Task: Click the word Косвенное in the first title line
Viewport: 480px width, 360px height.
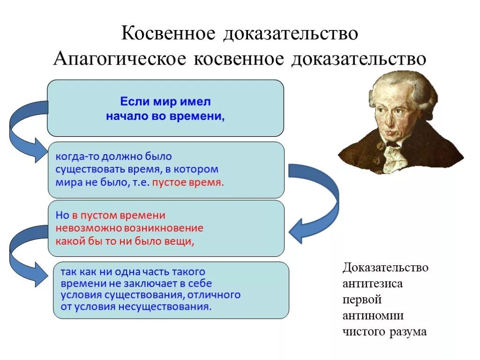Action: [x=169, y=34]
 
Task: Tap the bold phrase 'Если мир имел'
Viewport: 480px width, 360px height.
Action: [x=165, y=101]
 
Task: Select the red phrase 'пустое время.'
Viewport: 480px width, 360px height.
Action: [x=188, y=182]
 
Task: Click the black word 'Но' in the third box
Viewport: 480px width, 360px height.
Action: [x=62, y=215]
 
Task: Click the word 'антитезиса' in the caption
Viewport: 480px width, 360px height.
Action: [x=373, y=284]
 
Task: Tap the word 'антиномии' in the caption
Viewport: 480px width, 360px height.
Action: [x=373, y=315]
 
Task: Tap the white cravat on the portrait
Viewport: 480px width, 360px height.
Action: [x=394, y=155]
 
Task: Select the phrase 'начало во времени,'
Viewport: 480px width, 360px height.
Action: [x=165, y=116]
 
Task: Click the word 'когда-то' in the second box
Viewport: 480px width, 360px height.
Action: [x=73, y=156]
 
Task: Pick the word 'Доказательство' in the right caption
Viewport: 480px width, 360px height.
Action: [x=385, y=268]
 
